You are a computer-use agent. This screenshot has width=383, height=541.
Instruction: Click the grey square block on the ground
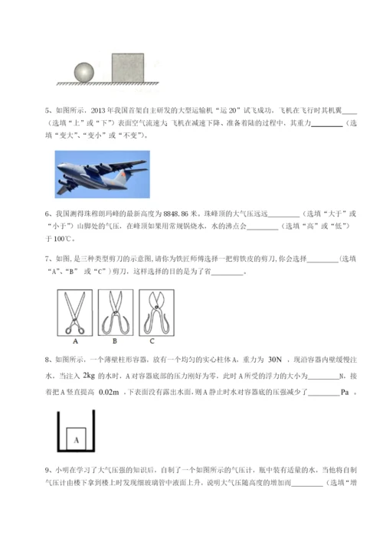[129, 66]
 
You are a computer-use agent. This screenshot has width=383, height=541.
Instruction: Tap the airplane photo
[103, 174]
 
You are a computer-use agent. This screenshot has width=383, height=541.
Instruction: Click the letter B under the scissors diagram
[113, 341]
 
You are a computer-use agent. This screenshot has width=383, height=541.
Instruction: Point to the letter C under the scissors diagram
[152, 341]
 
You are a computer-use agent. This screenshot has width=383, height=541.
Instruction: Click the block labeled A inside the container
[77, 439]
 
